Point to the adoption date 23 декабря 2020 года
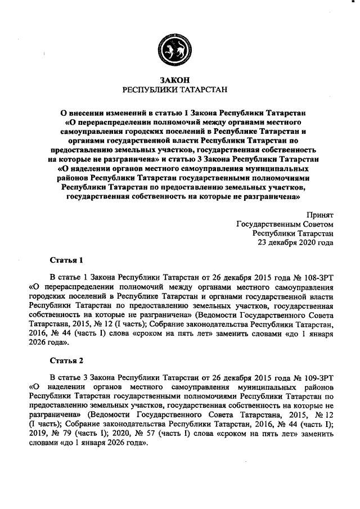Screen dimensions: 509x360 click(x=295, y=243)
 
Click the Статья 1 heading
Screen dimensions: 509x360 click(x=66, y=260)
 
